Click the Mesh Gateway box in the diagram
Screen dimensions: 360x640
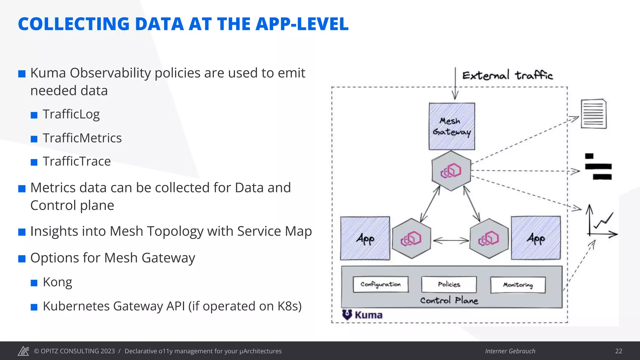452,127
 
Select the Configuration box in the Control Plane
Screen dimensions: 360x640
381,284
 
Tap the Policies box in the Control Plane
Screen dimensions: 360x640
449,284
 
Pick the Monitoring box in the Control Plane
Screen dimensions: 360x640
518,285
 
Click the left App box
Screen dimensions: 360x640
365,238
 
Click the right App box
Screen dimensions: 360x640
536,238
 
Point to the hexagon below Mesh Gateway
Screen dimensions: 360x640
451,171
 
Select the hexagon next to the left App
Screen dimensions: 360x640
411,239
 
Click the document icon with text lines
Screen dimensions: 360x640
593,114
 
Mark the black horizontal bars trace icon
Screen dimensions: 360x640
598,167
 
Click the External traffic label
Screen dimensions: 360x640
507,76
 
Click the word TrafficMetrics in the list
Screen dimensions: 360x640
82,138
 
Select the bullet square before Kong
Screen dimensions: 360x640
34,283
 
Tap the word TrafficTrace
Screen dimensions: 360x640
77,162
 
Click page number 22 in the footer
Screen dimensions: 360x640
618,351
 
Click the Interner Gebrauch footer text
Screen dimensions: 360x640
510,351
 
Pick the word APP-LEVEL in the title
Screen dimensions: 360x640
302,24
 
